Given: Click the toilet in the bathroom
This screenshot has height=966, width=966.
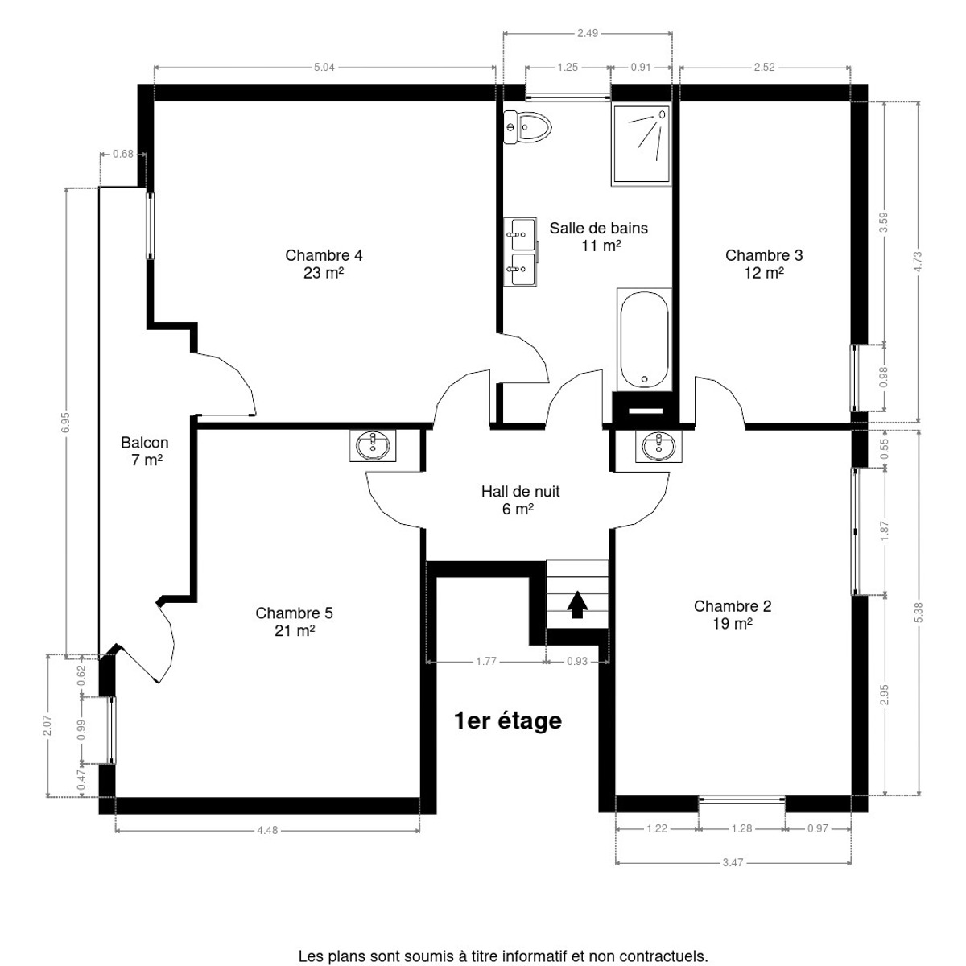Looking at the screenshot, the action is [x=526, y=127].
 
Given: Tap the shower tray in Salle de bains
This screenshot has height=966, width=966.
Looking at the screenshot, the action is [x=641, y=144].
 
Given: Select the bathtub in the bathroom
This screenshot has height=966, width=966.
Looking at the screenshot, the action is [x=644, y=340].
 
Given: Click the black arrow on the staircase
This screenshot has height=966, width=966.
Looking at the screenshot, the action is [x=577, y=605].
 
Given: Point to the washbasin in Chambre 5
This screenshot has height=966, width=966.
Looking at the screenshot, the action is [x=373, y=445].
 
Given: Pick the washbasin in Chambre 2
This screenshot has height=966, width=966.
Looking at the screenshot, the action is [x=658, y=446].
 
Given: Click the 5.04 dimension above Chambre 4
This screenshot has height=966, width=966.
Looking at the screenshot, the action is [x=324, y=67].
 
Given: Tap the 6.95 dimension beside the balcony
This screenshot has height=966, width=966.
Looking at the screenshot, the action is [x=66, y=422].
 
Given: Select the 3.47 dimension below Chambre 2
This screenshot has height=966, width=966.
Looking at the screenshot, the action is [x=733, y=862].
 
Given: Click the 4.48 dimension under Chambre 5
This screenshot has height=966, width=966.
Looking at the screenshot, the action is [x=267, y=830].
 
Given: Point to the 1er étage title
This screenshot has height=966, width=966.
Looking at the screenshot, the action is [x=508, y=720].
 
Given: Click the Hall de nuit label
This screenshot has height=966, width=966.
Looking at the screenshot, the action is [x=520, y=491].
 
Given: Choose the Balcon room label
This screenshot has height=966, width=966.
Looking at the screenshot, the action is [x=144, y=443].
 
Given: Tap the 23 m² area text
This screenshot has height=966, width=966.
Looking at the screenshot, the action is [x=324, y=273].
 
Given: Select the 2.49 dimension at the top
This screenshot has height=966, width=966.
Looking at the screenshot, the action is [x=588, y=33].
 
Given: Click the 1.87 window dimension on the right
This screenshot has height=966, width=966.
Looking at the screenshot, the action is [x=884, y=530].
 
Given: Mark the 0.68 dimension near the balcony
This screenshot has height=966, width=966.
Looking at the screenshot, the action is [x=123, y=154].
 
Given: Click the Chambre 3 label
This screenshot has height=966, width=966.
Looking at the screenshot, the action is [x=764, y=255].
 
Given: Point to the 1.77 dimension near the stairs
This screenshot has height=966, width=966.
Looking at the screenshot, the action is [x=485, y=661].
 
